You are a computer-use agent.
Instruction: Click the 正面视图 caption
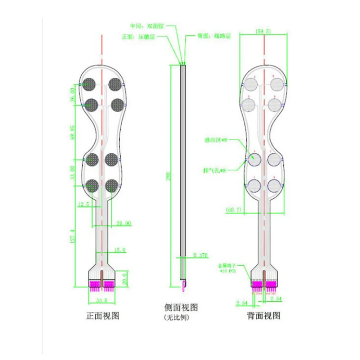pos(102,316)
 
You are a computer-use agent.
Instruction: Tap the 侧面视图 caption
pos(181,307)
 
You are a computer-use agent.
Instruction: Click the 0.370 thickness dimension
pos(201,255)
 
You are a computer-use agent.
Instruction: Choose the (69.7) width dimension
pos(234,210)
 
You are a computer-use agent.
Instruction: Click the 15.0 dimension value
pos(119,249)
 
